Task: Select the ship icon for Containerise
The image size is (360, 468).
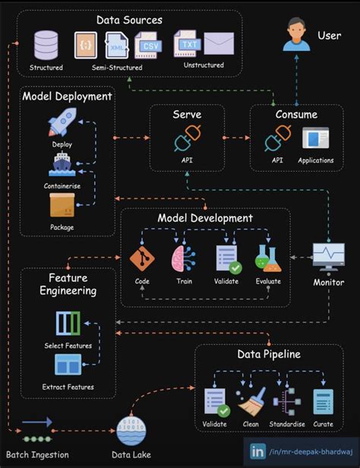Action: pyautogui.click(x=62, y=163)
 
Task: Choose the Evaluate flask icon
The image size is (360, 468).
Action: pyautogui.click(x=267, y=258)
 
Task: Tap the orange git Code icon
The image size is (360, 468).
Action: pyautogui.click(x=142, y=258)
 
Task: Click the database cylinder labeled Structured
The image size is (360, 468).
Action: pyautogui.click(x=46, y=46)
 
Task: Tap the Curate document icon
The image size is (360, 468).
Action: pyautogui.click(x=324, y=400)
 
